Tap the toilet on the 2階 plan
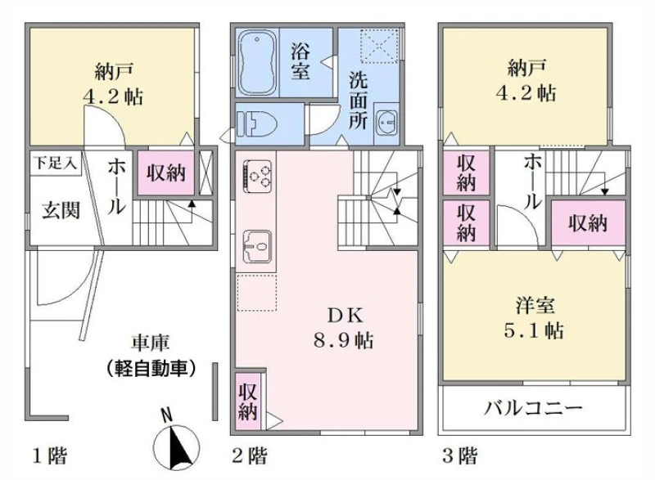(258, 124)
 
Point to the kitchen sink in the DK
(257, 247)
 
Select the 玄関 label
(61, 210)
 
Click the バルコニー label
(533, 407)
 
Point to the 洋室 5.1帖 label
(535, 318)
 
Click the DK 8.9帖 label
(344, 329)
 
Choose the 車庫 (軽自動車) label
(151, 356)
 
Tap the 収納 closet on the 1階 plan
(166, 173)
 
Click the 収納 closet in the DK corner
(248, 401)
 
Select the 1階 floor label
(50, 455)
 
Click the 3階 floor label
(460, 455)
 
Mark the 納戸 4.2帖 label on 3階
(526, 80)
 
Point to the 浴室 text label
(300, 61)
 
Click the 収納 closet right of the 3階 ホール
(588, 224)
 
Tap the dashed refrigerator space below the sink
(257, 293)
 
